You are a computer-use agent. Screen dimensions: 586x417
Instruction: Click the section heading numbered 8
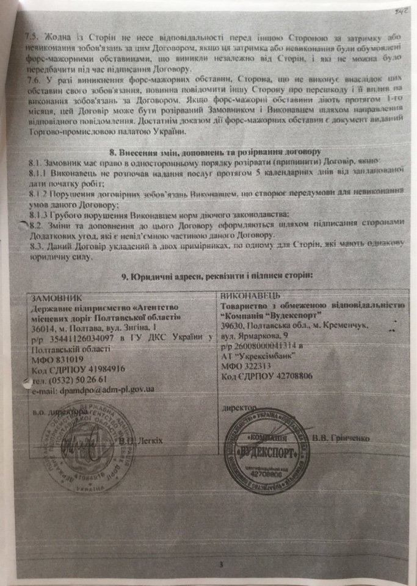click(x=208, y=151)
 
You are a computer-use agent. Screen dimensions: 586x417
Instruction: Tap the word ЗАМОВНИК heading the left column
click(x=56, y=299)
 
